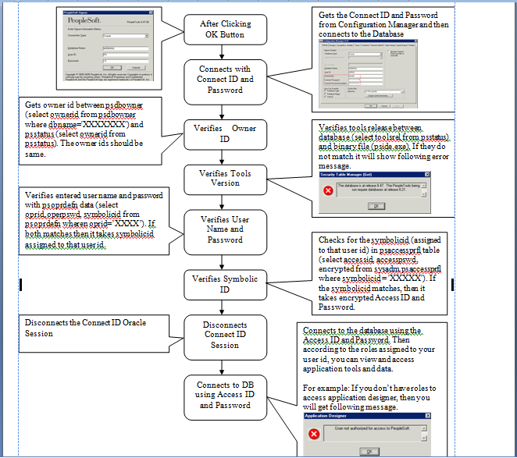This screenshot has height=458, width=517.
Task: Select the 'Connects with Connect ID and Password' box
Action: (x=225, y=79)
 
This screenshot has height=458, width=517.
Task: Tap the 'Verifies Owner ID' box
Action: (x=224, y=133)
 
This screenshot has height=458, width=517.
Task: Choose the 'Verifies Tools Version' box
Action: (x=225, y=179)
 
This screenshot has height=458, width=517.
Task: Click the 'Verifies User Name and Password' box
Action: (x=226, y=229)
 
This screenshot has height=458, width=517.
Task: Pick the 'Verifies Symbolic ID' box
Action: (x=224, y=283)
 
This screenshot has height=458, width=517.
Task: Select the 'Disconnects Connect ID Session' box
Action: (x=224, y=335)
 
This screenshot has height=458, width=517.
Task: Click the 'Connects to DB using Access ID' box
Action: (x=224, y=395)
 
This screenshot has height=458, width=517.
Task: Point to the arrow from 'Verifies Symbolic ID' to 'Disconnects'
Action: (x=224, y=307)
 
